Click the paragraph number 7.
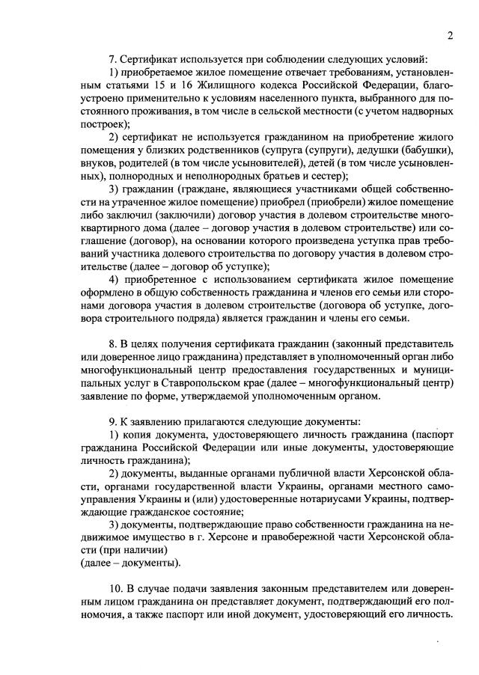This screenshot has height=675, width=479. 111,58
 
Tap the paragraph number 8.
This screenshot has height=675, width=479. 111,343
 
